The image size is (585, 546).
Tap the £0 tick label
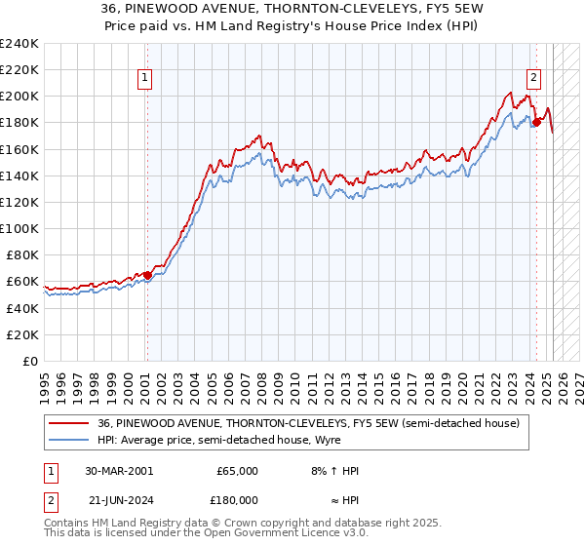pyautogui.click(x=30, y=361)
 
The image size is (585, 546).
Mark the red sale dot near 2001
pyautogui.click(x=147, y=275)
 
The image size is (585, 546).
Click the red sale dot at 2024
pyautogui.click(x=536, y=123)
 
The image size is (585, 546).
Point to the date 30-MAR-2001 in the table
pyautogui.click(x=119, y=471)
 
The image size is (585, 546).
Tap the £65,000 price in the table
pyautogui.click(x=237, y=471)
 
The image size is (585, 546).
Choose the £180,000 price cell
pyautogui.click(x=237, y=499)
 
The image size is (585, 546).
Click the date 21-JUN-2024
pyautogui.click(x=119, y=499)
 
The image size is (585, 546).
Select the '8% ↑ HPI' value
pyautogui.click(x=333, y=471)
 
